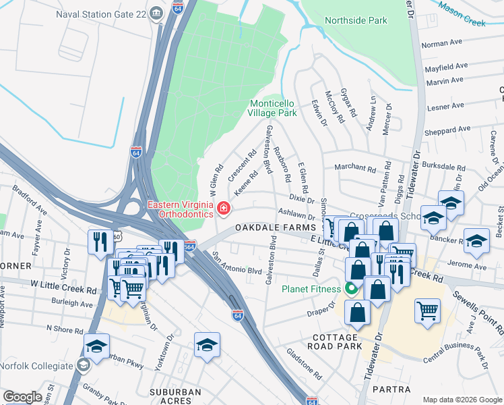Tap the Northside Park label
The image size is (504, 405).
356,20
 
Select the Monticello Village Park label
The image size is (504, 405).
273,108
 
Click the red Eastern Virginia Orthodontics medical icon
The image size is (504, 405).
222,210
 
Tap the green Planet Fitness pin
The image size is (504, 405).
351,290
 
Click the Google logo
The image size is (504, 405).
23,397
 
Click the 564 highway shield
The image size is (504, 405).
190,244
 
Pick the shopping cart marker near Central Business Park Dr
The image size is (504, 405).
427,312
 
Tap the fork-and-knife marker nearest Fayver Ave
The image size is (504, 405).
100,241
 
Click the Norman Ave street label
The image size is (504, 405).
441,44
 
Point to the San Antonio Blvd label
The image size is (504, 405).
237,263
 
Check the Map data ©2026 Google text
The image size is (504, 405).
462,400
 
